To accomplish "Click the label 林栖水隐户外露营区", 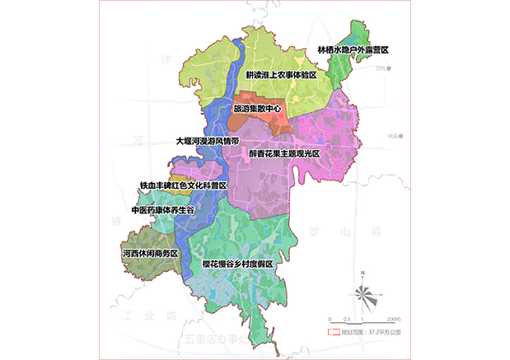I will [353, 50].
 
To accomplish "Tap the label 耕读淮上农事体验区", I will [282, 75].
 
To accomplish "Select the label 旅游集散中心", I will [257, 108].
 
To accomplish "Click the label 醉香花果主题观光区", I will [284, 153].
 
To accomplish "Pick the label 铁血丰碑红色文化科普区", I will [183, 186].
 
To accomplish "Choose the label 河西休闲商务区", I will [150, 253].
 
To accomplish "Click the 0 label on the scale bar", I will [330, 319].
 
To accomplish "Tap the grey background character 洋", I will [166, 59].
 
